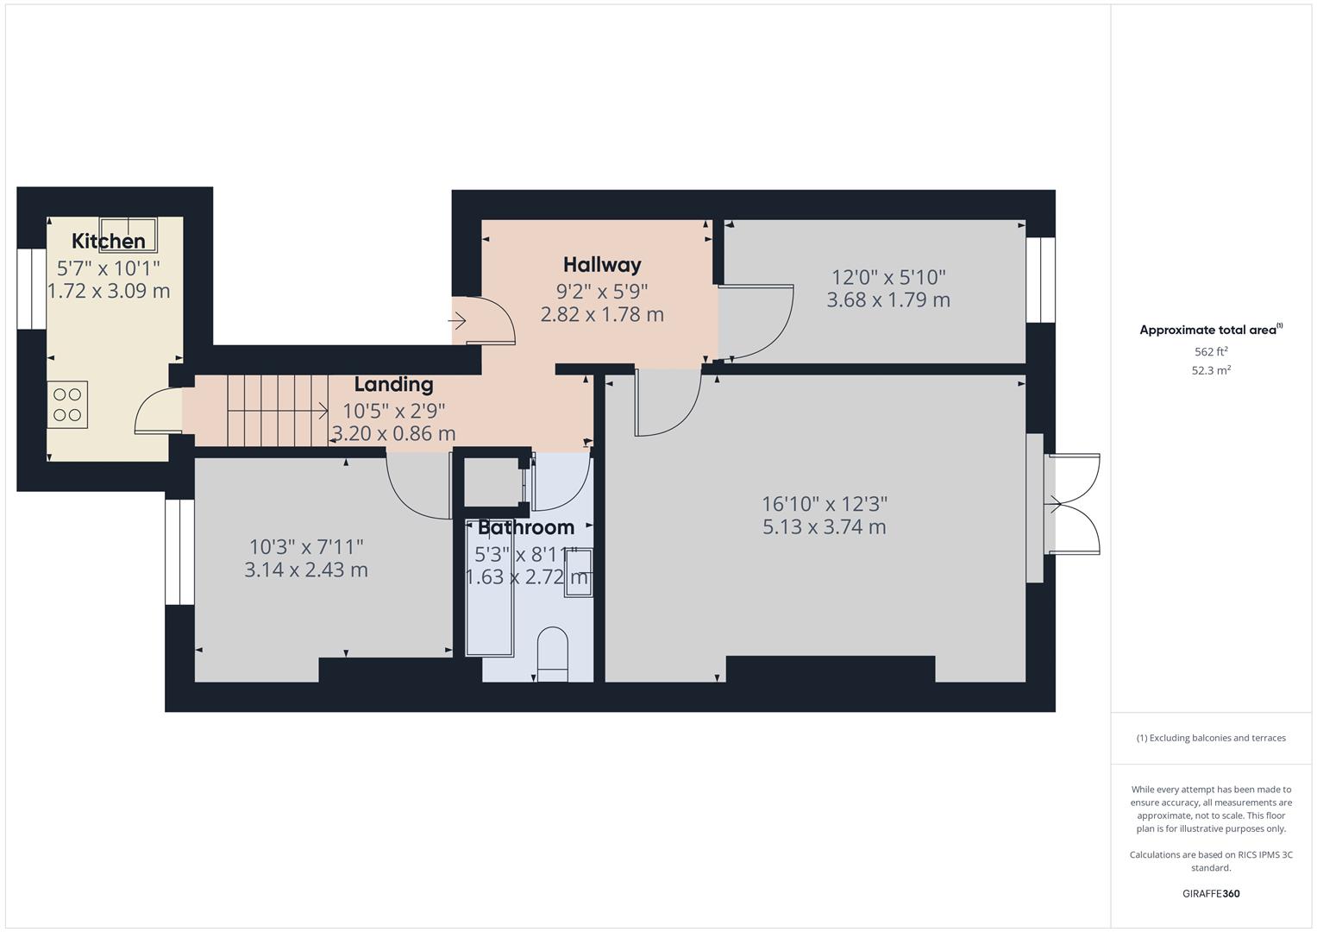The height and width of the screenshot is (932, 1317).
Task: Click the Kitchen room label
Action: [108, 241]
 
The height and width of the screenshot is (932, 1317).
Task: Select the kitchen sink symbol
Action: [129, 233]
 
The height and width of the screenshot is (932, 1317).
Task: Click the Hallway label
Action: [602, 265]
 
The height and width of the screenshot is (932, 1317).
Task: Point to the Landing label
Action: [393, 384]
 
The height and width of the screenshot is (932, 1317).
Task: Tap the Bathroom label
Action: [526, 527]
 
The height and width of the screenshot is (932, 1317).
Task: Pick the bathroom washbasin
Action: [579, 572]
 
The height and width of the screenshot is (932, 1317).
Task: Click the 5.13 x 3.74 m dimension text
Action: [824, 527]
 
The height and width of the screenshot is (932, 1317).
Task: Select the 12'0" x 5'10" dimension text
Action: [888, 277]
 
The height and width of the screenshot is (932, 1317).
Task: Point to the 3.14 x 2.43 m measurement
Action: [306, 570]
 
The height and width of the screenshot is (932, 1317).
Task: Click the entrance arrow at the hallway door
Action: [458, 322]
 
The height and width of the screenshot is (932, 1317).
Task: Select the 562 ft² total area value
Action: [1210, 352]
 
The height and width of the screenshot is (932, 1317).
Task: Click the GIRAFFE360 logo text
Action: [1210, 893]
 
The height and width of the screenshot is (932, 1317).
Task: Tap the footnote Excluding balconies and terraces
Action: [1210, 738]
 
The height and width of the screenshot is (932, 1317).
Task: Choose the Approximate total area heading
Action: [1210, 330]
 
